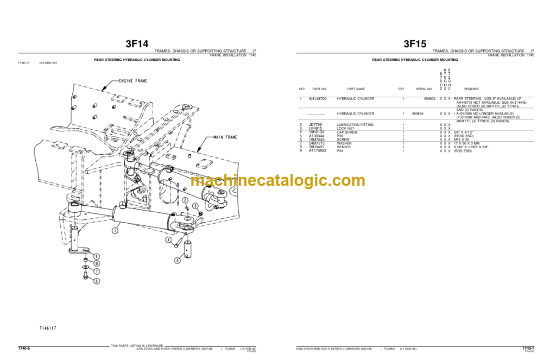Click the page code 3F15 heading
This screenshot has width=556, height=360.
(415, 44)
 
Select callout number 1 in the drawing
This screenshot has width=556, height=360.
(115, 231)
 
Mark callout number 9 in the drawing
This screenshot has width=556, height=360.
(96, 256)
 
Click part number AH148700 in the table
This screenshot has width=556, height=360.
(318, 99)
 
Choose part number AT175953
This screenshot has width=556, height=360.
(317, 150)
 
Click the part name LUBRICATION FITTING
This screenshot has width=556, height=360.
(356, 125)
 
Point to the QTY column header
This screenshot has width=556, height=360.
(401, 89)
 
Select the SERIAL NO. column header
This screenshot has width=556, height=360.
(424, 89)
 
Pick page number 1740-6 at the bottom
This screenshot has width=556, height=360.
(24, 348)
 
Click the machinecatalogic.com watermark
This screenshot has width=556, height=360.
(278, 181)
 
